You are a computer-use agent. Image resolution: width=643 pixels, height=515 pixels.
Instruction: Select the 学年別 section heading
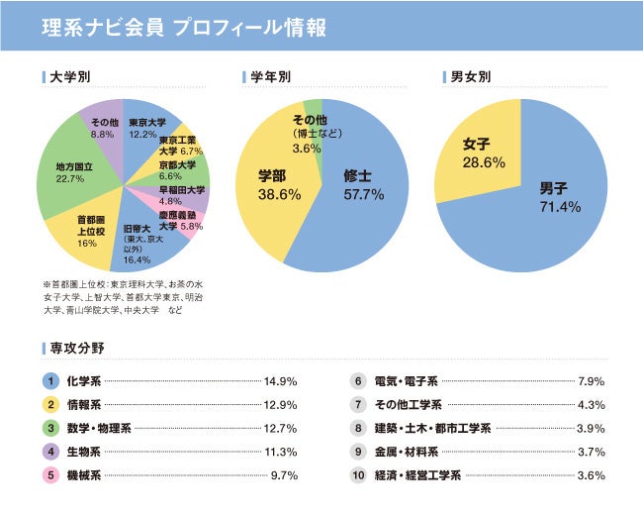[x=270, y=76]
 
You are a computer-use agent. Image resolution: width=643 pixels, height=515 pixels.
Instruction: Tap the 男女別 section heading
[x=470, y=76]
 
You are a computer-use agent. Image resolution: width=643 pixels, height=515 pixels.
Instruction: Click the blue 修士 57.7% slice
[x=360, y=188]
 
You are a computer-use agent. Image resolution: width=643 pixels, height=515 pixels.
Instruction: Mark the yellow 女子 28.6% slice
[x=483, y=154]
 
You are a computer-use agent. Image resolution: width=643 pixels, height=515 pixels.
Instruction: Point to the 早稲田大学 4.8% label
[x=182, y=195]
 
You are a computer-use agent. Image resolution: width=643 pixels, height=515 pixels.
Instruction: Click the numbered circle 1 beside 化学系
[x=47, y=380]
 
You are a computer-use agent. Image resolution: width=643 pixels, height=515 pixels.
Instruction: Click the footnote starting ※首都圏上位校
[x=124, y=295]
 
